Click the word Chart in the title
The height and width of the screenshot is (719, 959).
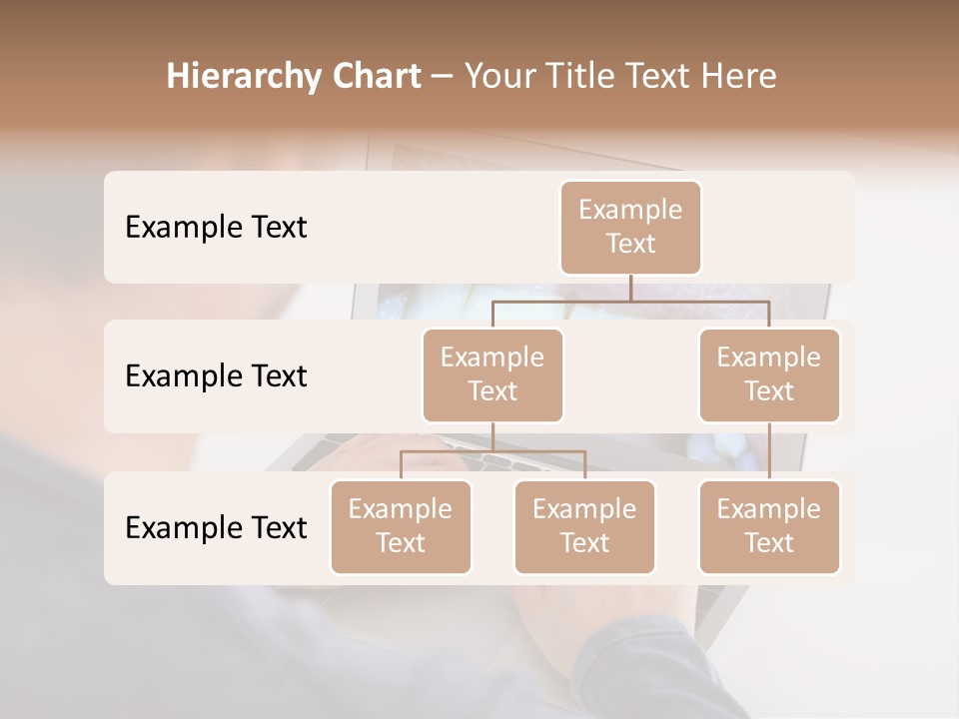click(371, 77)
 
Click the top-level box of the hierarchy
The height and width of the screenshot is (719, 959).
click(630, 228)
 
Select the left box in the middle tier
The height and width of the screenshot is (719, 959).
click(492, 375)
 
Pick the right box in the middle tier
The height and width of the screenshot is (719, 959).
click(769, 375)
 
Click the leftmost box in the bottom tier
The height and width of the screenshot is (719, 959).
click(401, 527)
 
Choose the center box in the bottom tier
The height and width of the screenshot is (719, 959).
click(584, 527)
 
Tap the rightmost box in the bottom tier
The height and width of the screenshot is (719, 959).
click(769, 527)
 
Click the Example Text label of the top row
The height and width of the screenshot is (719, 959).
click(216, 228)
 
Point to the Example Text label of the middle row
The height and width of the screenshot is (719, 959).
click(216, 376)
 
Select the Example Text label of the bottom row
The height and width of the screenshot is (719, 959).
click(216, 527)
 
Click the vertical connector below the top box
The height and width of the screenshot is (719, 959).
click(630, 288)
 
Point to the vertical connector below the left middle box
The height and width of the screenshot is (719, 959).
click(492, 436)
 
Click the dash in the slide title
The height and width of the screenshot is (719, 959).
click(443, 77)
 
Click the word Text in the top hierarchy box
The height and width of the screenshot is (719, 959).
click(630, 244)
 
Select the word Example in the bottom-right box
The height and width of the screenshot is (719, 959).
click(768, 510)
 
